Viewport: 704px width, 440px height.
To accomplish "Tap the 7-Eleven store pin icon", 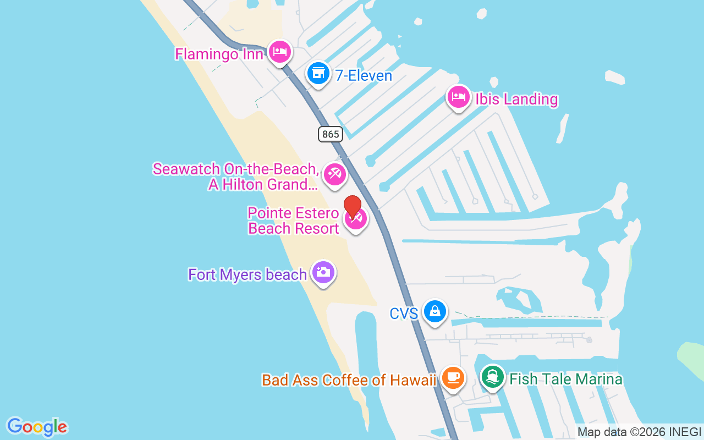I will point(318,73).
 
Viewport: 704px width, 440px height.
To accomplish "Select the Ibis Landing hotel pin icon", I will point(458,97).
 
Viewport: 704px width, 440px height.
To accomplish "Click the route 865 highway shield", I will point(330,134).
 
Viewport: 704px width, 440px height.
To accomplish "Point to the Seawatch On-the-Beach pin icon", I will point(334,174).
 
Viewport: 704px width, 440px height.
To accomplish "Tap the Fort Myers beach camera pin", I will point(323,272).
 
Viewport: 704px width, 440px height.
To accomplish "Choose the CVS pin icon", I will point(435,312).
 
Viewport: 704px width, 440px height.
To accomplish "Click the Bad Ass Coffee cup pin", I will point(453,378).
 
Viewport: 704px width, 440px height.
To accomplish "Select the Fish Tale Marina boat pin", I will point(493,377).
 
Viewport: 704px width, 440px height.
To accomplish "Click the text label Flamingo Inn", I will point(219,54).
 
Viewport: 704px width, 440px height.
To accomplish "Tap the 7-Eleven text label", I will point(364,75).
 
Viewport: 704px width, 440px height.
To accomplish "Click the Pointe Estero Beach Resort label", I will point(294,221).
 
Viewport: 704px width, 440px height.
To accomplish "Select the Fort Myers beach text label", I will point(248,274).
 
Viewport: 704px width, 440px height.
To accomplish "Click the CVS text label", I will point(404,313).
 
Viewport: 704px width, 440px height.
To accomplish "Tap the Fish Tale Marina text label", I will point(566,379).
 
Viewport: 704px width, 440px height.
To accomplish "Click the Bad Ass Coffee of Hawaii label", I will point(349,380).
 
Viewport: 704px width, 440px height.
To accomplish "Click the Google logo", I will point(37,426).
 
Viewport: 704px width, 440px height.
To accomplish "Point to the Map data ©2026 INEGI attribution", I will point(639,432).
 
